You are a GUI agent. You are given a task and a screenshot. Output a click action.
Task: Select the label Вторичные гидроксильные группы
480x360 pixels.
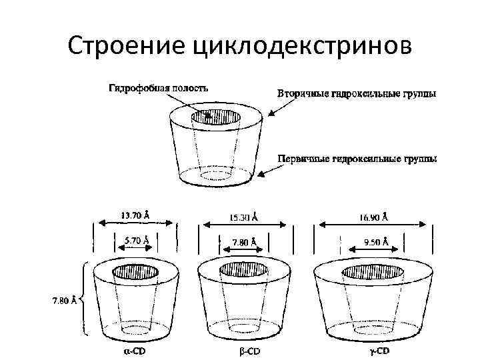[x=357, y=94]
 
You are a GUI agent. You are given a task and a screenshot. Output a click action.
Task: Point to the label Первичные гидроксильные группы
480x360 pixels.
[x=357, y=159]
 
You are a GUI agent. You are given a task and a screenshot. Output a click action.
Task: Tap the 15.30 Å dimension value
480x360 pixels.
[x=243, y=217]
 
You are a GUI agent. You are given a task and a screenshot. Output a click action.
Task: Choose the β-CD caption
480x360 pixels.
[x=248, y=351]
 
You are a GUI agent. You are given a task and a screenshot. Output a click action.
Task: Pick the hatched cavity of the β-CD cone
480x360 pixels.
[x=243, y=270]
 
